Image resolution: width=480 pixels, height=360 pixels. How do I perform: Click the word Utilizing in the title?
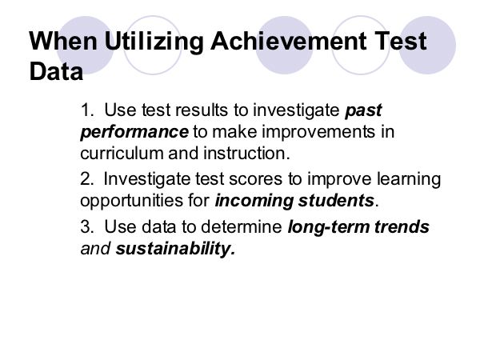[x=154, y=42]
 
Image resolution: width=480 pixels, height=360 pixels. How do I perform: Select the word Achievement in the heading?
[x=289, y=41]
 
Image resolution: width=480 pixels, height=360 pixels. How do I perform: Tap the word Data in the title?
[x=56, y=71]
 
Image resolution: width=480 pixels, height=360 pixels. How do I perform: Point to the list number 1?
[x=86, y=110]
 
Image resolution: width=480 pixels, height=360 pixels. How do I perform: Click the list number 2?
[x=86, y=178]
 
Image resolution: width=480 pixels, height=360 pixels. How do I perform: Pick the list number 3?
[x=87, y=226]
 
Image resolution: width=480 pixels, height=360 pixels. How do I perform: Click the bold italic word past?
[x=363, y=111]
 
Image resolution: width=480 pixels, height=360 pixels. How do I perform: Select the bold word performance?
[x=134, y=133]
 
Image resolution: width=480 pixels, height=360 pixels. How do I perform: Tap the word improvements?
[x=318, y=132]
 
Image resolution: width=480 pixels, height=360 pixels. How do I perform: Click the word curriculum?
[x=122, y=153]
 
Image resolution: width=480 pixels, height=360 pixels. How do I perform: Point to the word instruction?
[x=246, y=153]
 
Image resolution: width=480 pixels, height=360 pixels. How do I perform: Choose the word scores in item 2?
[x=255, y=180]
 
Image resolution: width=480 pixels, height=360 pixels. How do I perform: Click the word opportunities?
[x=131, y=202]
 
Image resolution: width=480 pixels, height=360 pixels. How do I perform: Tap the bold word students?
[x=336, y=201]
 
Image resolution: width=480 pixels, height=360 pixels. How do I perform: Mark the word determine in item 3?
[x=242, y=227]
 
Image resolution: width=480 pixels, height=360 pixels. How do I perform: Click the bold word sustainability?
[x=175, y=249]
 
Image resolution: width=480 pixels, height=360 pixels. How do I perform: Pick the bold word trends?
[x=402, y=227]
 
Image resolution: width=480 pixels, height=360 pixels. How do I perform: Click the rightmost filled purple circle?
[x=427, y=45]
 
